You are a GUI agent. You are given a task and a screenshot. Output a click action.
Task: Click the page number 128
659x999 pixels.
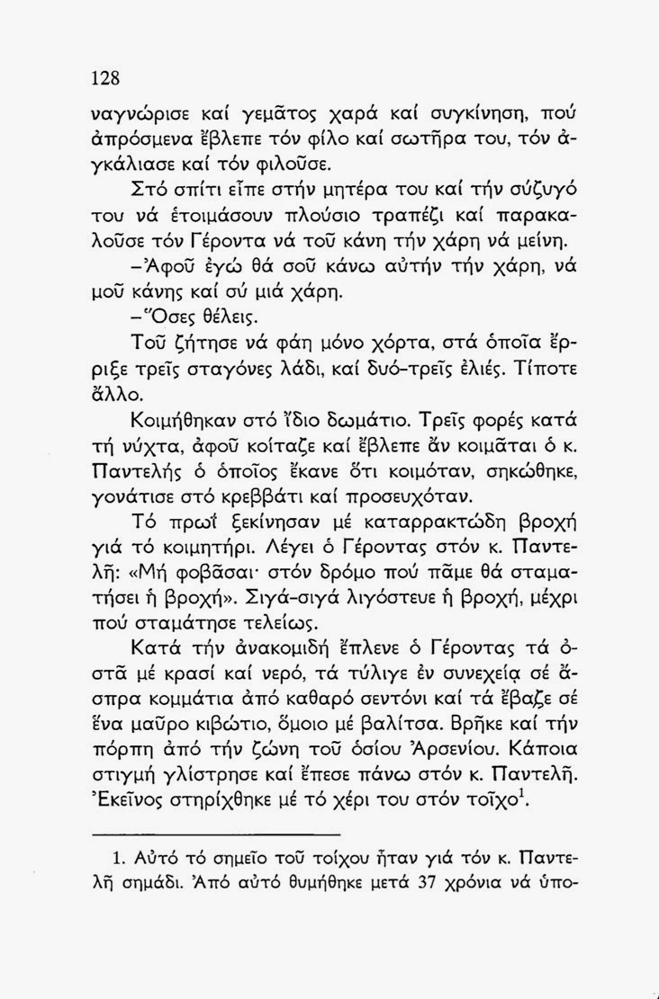tap(106, 77)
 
